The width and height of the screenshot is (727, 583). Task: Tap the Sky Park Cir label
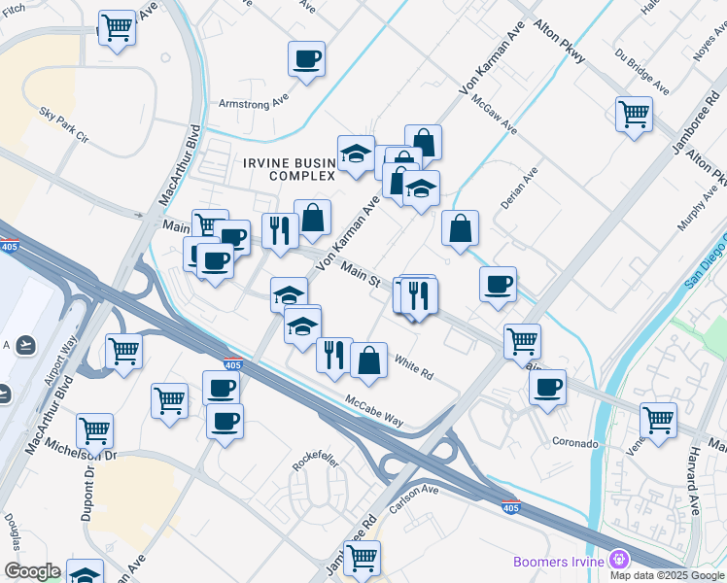coord(63,126)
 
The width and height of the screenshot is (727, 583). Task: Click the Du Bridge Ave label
coord(641,73)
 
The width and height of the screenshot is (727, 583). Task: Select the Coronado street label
coord(575,443)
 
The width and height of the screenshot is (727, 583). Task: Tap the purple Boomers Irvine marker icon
coord(619,560)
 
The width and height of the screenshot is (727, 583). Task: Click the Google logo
coord(32,571)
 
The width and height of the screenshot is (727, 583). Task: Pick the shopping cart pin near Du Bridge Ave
coord(634,114)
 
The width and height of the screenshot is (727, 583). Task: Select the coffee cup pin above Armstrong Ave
coord(306,59)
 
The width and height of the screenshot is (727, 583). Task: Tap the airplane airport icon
coord(26,345)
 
